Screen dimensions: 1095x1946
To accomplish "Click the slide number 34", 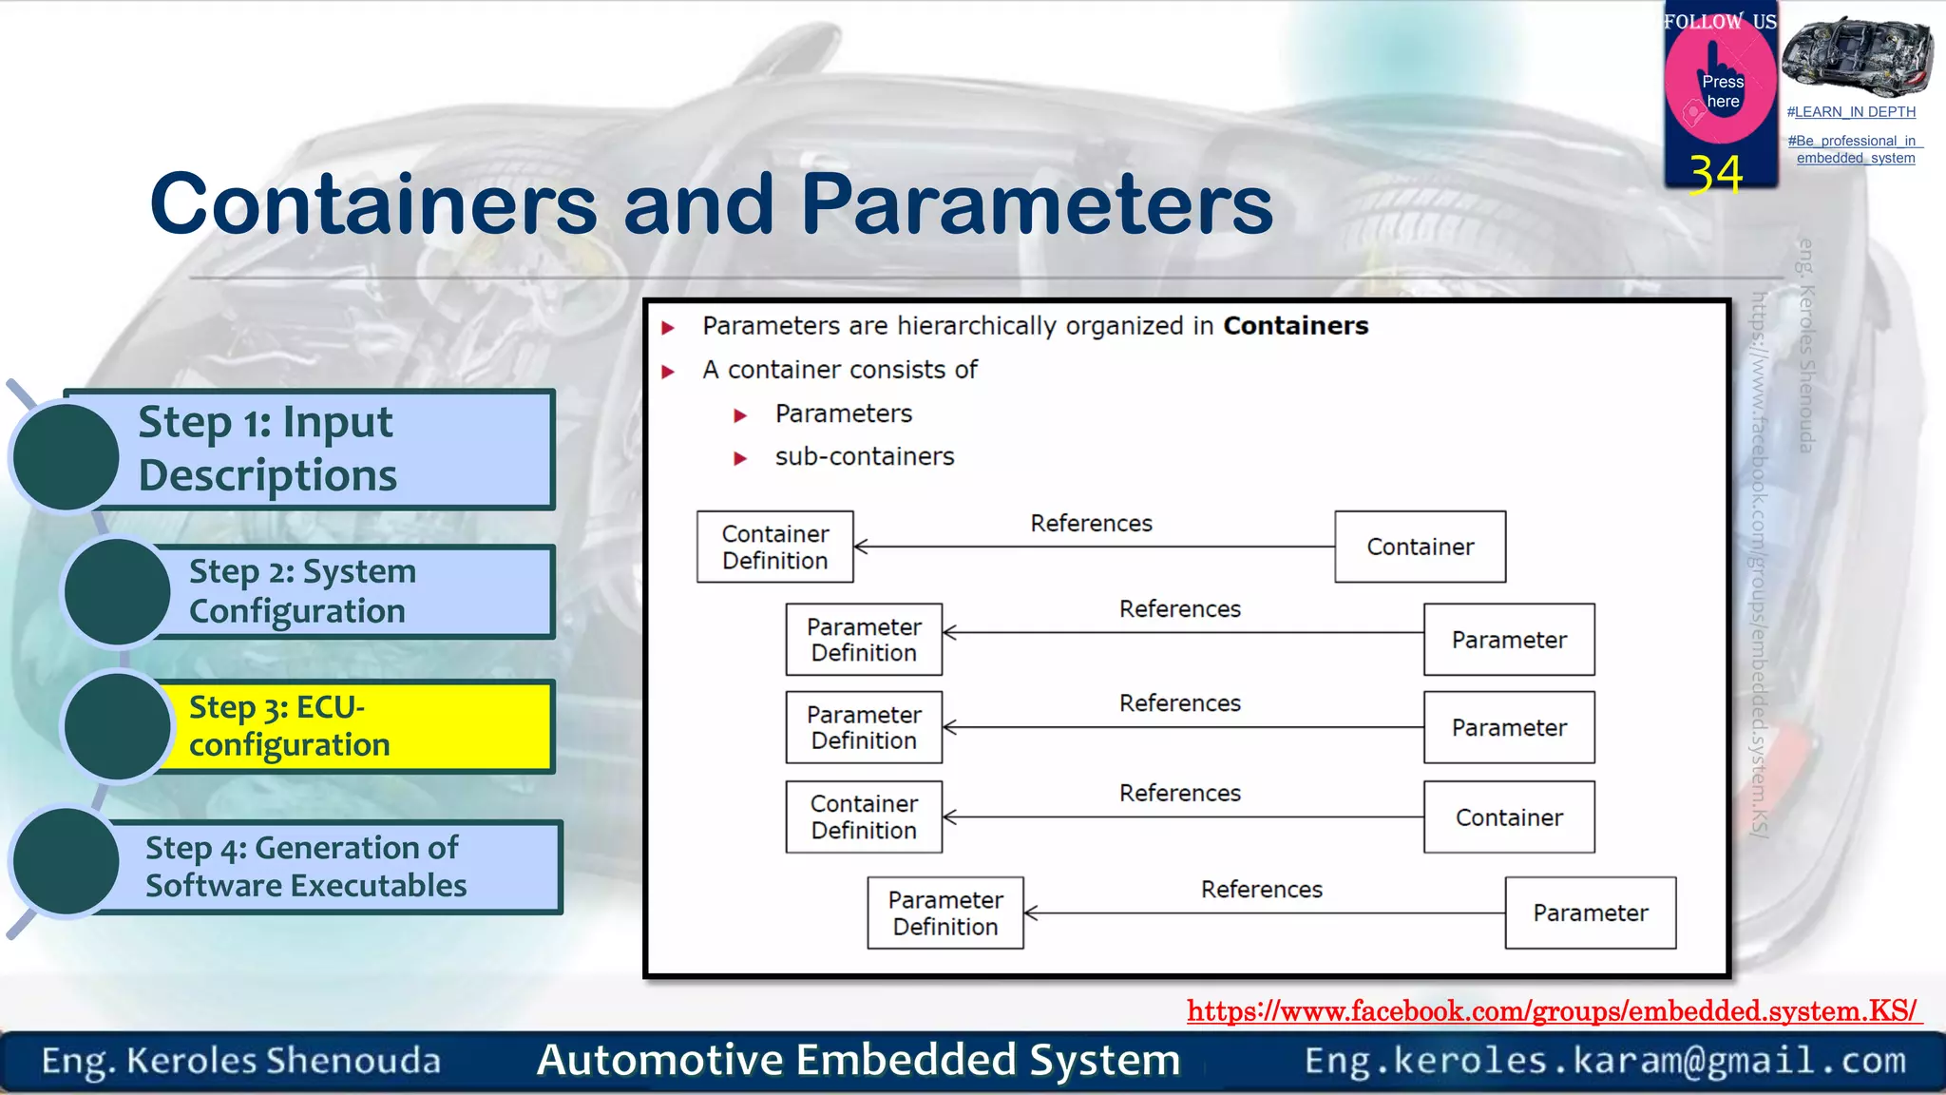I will (x=1716, y=174).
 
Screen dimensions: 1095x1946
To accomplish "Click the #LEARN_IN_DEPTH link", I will (x=1851, y=112).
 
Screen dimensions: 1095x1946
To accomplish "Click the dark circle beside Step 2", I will (x=117, y=591).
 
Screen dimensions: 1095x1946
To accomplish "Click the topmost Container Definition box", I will (x=774, y=547).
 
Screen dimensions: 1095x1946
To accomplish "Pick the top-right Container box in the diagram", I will (x=1420, y=547).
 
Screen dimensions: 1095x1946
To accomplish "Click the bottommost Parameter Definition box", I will (x=944, y=912).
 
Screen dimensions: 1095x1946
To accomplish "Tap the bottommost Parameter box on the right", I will (x=1590, y=912).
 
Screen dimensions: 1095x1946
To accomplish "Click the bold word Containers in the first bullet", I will (x=1295, y=326).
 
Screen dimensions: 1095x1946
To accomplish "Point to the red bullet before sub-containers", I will (x=740, y=458).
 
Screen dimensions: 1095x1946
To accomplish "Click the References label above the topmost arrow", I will (x=1091, y=524).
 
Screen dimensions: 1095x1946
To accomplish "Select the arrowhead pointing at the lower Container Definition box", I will (x=948, y=816).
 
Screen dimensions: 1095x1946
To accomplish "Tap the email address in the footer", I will (x=1605, y=1060).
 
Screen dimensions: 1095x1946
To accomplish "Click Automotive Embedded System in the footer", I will (x=858, y=1060).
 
